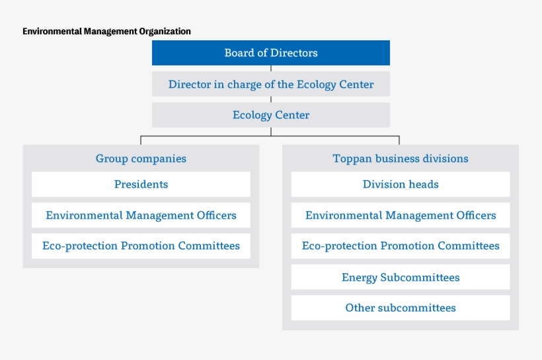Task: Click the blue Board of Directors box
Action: (271, 53)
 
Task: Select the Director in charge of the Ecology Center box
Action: (271, 85)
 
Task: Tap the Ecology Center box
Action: (271, 115)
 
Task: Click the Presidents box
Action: (141, 184)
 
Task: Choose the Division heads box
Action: (401, 184)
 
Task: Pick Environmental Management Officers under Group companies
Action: (141, 215)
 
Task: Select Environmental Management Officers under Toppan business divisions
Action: (401, 215)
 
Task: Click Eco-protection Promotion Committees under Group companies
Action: (141, 246)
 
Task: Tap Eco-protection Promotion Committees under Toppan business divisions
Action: (401, 246)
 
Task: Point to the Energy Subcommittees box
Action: (401, 277)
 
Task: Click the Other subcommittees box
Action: (401, 308)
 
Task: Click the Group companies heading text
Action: (141, 159)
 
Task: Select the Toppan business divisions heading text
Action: (401, 159)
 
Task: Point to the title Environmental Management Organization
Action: (106, 31)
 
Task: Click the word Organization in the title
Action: (165, 31)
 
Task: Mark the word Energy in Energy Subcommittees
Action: (360, 277)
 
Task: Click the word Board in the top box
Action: (239, 53)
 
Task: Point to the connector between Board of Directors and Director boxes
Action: (271, 69)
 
